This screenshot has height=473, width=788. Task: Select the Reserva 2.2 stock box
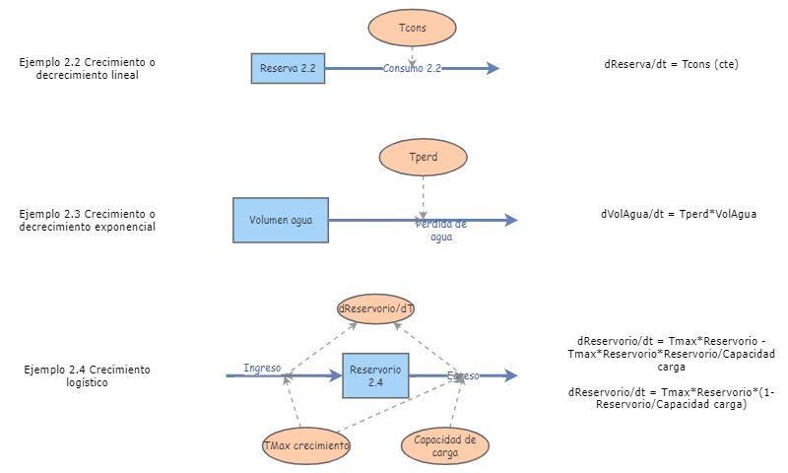pos(288,69)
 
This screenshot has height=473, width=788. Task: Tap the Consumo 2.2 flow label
pos(412,69)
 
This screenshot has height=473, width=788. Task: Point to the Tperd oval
pos(422,157)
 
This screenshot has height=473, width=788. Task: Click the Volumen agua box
pos(281,220)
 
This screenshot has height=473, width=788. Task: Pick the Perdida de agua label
pos(440,231)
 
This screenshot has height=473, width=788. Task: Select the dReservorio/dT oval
pos(376,308)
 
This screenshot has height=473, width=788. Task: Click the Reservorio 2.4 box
pos(375,374)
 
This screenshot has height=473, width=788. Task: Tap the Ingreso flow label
pos(262,369)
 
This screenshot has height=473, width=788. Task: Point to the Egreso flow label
pos(463,375)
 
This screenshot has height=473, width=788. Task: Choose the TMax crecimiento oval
pos(306,445)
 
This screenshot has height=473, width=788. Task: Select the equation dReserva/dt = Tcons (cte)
pos(671,64)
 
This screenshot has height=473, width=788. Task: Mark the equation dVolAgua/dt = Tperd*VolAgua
pos(679,214)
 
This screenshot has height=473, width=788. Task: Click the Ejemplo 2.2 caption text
pos(88,68)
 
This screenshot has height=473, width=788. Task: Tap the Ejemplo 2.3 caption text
pos(88,220)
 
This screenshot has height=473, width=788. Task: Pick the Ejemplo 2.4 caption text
pos(87,375)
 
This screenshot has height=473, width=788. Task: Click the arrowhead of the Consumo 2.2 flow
pos(492,68)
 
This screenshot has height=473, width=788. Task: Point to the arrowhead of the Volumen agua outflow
pos(510,221)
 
